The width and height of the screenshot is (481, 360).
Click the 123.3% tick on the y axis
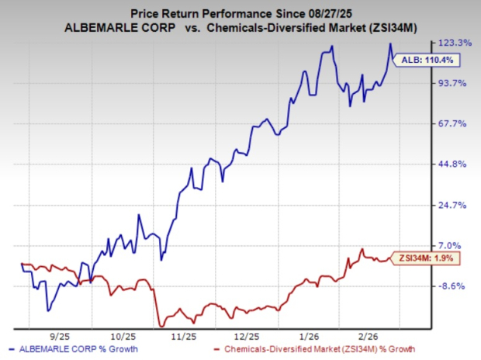point(454,42)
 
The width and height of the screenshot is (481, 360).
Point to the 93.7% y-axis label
point(454,83)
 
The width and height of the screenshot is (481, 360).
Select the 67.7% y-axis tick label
point(454,123)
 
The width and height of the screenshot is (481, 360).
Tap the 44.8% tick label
point(454,164)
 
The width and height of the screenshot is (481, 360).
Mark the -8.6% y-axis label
point(454,286)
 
